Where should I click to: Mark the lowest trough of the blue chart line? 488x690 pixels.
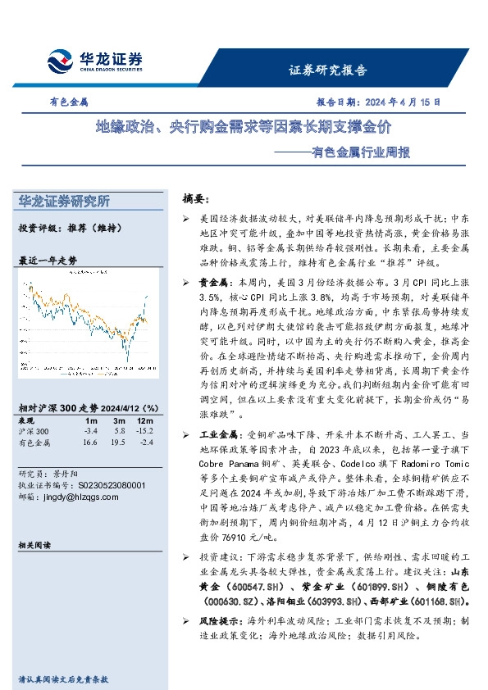click(127, 361)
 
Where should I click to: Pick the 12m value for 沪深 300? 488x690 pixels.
click(144, 431)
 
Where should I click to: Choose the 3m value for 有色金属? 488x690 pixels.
click(119, 443)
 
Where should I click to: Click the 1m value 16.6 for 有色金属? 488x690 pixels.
click(90, 443)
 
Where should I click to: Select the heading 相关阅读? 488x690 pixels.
click(34, 544)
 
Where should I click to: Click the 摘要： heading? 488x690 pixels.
click(196, 199)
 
